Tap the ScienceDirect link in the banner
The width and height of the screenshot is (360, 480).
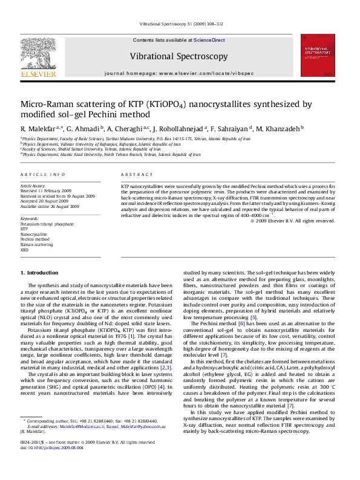click(x=209, y=40)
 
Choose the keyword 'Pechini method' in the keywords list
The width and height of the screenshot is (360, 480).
click(x=35, y=239)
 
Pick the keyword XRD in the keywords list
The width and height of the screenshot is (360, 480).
click(x=24, y=249)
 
